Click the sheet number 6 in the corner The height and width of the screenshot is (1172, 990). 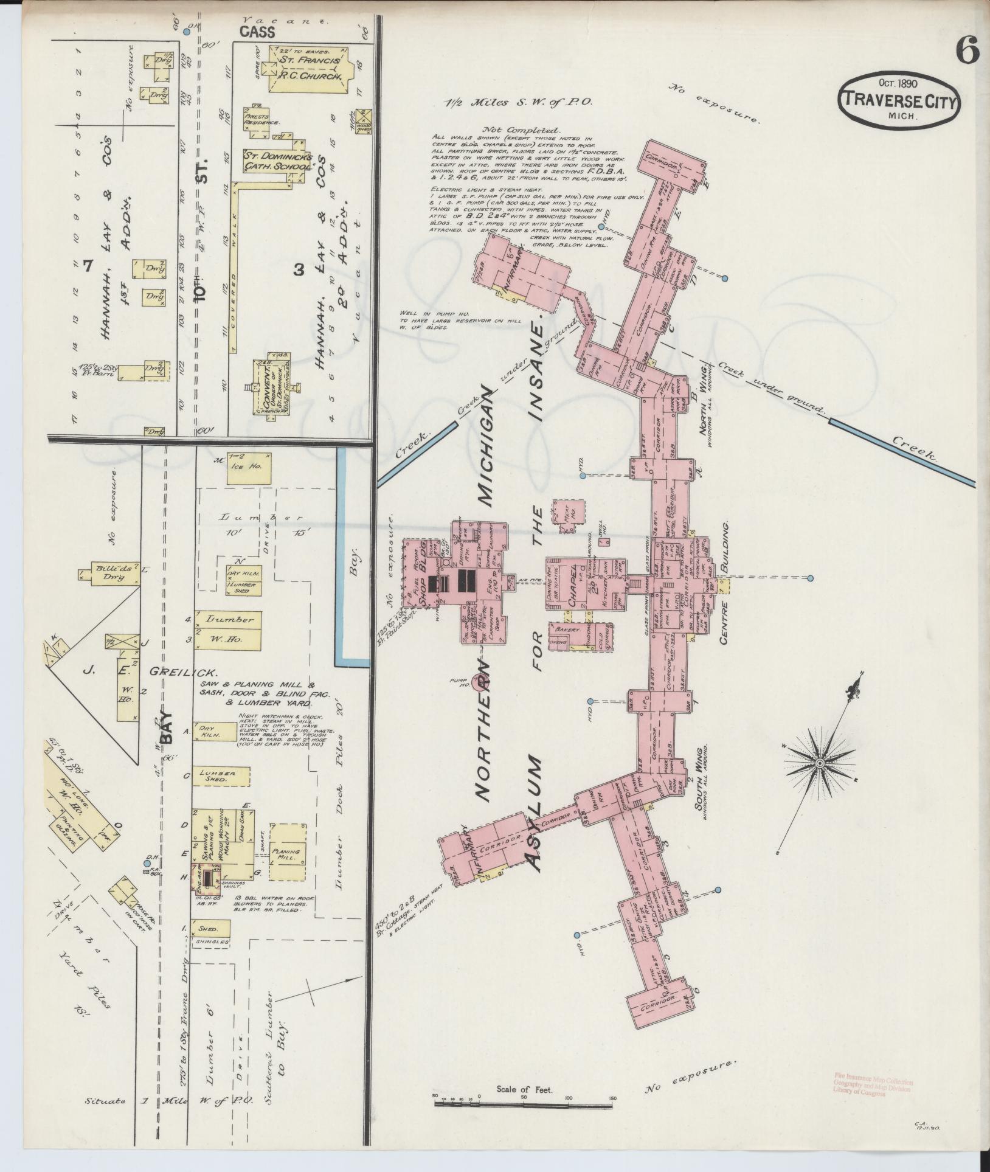[x=967, y=50]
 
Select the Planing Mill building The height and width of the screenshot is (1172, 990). [x=286, y=853]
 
